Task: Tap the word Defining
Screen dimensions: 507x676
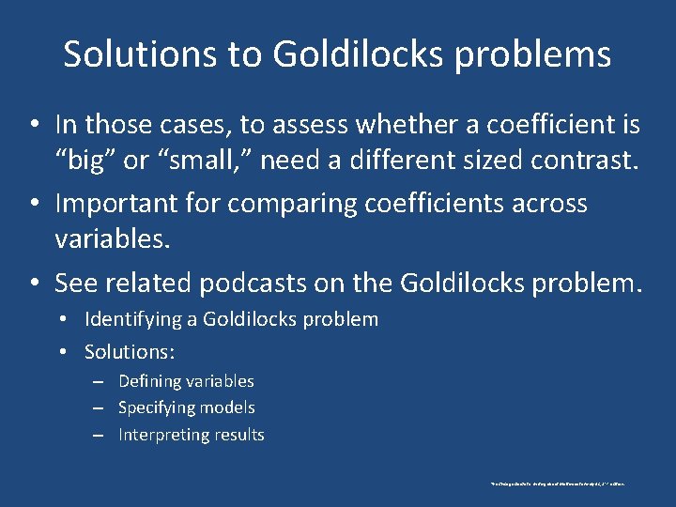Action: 150,381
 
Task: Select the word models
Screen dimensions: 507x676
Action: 228,407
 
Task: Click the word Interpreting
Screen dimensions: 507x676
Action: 162,435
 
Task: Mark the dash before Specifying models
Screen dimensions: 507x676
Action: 98,407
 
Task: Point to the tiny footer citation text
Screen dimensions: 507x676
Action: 558,484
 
